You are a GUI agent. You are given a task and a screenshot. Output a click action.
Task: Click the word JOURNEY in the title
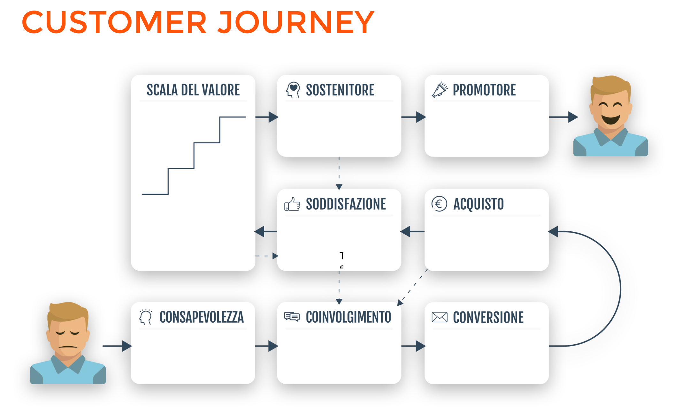pyautogui.click(x=296, y=22)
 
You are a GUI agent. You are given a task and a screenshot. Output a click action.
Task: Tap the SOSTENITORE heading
pyautogui.click(x=340, y=90)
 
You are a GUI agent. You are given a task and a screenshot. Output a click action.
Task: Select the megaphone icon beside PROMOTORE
pyautogui.click(x=440, y=90)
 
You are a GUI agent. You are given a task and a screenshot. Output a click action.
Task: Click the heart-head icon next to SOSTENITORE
pyautogui.click(x=293, y=90)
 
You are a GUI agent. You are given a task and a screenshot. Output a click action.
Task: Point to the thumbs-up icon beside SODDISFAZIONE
pyautogui.click(x=292, y=204)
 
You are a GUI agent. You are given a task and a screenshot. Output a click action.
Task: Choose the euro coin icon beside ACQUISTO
pyautogui.click(x=439, y=204)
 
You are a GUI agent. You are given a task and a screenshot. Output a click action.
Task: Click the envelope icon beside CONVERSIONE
pyautogui.click(x=440, y=317)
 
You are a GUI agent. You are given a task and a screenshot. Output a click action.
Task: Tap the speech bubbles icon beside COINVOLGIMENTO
pyautogui.click(x=292, y=317)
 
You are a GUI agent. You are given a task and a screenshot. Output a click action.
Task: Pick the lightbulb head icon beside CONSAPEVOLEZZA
pyautogui.click(x=146, y=317)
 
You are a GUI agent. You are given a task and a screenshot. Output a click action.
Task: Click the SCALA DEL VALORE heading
pyautogui.click(x=193, y=90)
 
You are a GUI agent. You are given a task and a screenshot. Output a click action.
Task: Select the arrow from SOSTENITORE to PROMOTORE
pyautogui.click(x=413, y=117)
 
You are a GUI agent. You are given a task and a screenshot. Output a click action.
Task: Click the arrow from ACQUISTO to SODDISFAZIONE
pyautogui.click(x=412, y=231)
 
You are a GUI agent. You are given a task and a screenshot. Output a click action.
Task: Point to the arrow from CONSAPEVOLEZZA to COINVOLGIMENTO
pyautogui.click(x=267, y=346)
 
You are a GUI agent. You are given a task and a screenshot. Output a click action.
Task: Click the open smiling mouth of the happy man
pyautogui.click(x=611, y=119)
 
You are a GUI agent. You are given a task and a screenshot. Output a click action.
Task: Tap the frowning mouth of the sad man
pyautogui.click(x=68, y=347)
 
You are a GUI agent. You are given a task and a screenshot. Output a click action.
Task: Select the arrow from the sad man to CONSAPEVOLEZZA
pyautogui.click(x=117, y=346)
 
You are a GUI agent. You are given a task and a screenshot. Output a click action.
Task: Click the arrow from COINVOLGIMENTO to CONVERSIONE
pyautogui.click(x=413, y=346)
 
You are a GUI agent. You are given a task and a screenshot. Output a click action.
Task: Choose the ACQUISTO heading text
pyautogui.click(x=479, y=204)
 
